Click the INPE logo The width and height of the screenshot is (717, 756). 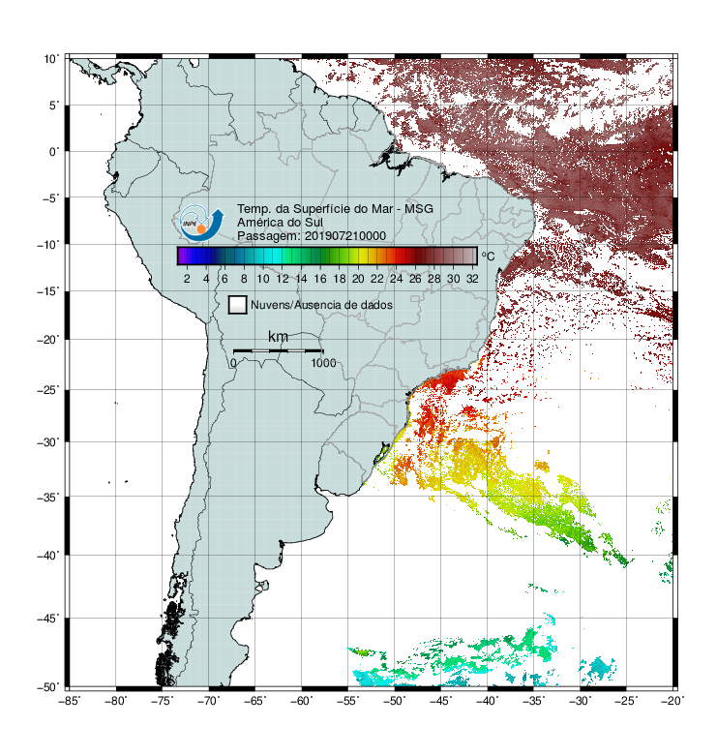pos(201,223)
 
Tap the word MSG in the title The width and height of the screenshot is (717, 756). pos(418,209)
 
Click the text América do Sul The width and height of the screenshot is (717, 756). pos(280,223)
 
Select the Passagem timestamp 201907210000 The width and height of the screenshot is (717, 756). pos(345,236)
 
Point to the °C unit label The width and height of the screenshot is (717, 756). pos(488,256)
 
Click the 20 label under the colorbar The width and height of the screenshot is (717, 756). pos(358,279)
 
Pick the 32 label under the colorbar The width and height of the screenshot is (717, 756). pos(472,279)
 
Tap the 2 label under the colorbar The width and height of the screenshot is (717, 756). pos(187,279)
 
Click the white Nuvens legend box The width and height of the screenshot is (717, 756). pos(238,305)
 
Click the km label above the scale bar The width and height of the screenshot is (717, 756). pos(278,337)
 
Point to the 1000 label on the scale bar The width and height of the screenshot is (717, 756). pos(323,363)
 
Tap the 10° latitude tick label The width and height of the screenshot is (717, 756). pos(51,59)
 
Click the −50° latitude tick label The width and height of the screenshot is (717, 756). pos(48,687)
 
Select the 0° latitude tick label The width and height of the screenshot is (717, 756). pos(54,152)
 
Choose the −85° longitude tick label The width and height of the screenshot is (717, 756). pos(69,701)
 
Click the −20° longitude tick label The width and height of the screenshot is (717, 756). pos(672,701)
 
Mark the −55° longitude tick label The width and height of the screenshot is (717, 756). pos(347,701)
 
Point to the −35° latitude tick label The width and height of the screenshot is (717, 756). pos(48,498)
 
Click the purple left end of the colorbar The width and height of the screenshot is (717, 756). pos(182,256)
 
